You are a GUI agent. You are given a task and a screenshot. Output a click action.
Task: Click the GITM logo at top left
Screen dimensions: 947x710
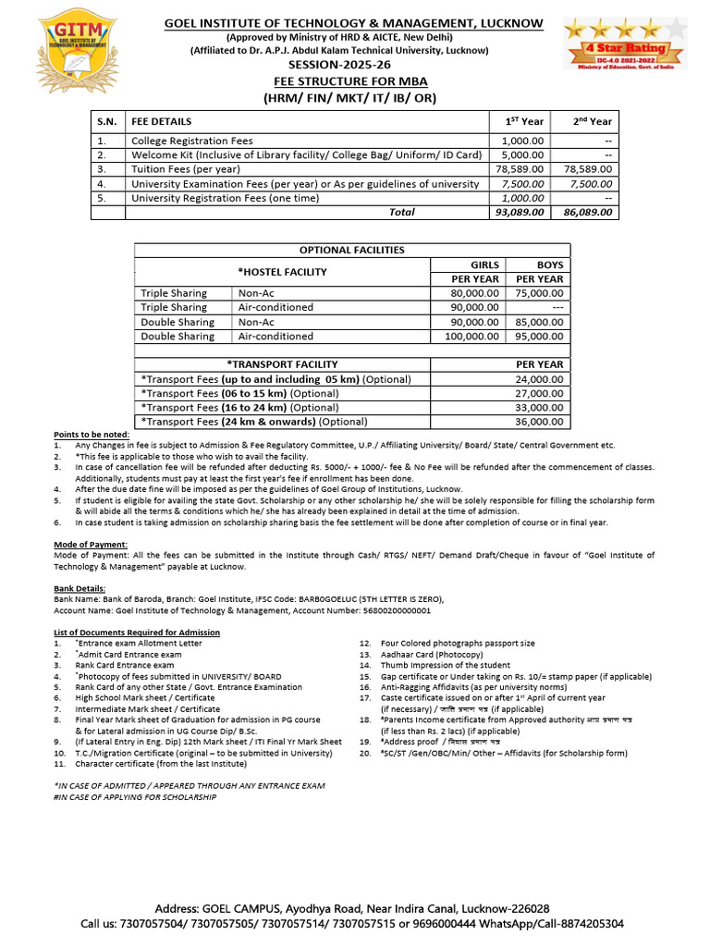pos(57,55)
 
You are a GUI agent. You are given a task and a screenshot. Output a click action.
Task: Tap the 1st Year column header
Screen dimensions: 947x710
pos(523,121)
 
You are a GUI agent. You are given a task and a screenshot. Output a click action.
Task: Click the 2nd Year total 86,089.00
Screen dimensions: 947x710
pos(589,212)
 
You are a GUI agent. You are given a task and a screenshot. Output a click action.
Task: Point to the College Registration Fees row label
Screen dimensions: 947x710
pos(191,140)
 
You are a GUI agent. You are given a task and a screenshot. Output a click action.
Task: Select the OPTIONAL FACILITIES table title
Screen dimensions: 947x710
pos(351,250)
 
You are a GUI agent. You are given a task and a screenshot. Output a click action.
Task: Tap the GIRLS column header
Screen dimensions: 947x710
pos(484,264)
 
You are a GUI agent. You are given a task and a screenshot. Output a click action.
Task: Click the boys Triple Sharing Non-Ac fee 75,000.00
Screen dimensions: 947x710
pos(540,292)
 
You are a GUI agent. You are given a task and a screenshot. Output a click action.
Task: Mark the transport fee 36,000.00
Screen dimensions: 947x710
pos(540,422)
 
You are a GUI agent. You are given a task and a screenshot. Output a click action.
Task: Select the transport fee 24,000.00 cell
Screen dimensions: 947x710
pos(540,379)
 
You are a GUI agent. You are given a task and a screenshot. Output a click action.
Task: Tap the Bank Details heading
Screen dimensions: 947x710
pos(80,588)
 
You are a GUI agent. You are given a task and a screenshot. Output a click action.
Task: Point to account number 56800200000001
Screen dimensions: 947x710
pos(384,610)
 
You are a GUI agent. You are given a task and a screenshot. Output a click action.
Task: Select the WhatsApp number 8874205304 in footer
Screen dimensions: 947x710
pos(589,924)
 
